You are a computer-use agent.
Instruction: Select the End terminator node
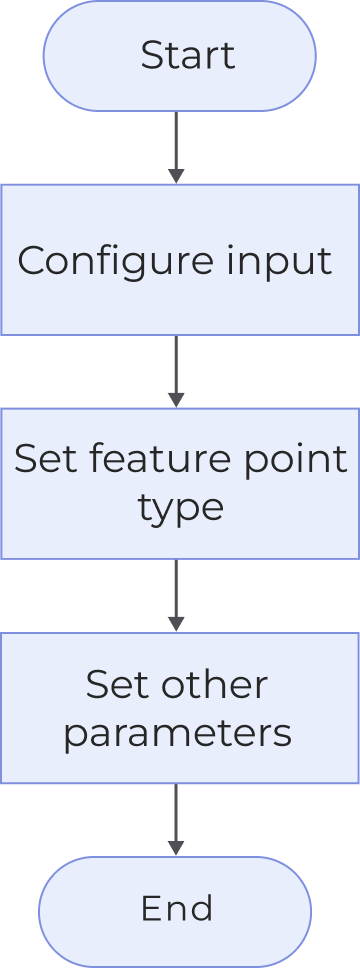pos(176,908)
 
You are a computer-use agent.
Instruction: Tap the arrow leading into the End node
pos(176,819)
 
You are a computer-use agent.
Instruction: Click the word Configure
pos(101,262)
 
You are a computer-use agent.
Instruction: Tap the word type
pos(180,508)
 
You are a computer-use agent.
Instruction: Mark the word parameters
pos(177,734)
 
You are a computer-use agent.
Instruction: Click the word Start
pos(187,55)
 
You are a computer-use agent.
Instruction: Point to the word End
pos(176,908)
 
